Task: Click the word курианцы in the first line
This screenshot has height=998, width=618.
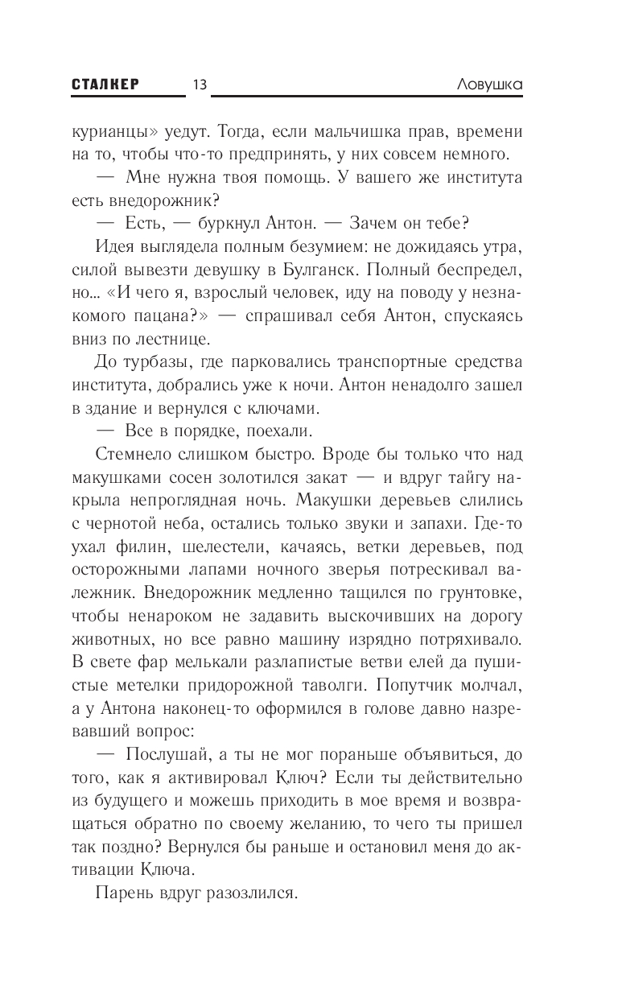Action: (110, 131)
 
